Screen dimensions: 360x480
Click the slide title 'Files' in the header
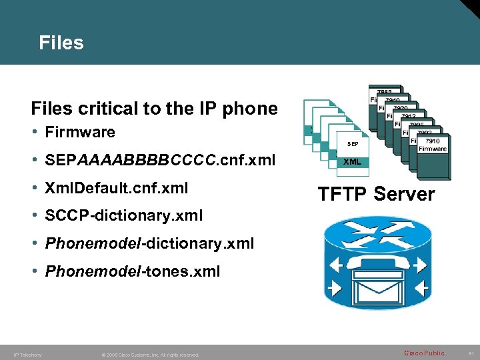(x=61, y=43)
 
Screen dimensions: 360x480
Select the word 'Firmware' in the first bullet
(x=80, y=132)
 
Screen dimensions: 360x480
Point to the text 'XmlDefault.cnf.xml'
(x=117, y=189)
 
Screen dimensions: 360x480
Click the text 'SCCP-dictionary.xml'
(x=124, y=216)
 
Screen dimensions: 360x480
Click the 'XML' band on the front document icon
(x=353, y=161)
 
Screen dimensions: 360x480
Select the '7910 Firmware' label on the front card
(x=433, y=145)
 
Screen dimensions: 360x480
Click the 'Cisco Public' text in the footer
(x=424, y=353)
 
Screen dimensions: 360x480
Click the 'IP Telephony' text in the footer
(x=27, y=355)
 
